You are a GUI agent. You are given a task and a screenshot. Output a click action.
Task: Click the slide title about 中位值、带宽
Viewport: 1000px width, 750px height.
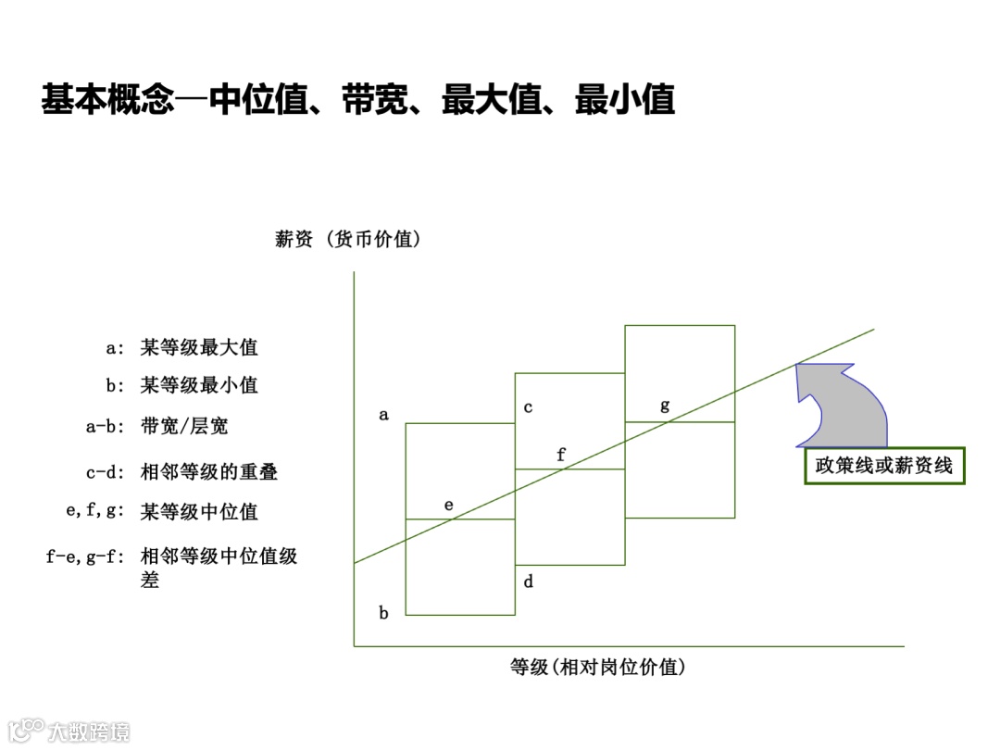coord(357,100)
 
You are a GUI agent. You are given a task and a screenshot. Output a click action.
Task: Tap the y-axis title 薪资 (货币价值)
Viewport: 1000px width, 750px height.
coord(348,239)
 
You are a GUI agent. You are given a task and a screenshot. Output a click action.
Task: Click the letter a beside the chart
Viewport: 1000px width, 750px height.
coord(383,415)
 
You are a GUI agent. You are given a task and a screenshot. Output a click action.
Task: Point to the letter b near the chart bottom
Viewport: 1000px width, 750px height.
coord(383,612)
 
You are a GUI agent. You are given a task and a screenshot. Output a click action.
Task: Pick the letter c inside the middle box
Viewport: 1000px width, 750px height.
coord(528,407)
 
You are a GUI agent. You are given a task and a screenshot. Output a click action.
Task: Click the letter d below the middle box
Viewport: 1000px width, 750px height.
coord(528,581)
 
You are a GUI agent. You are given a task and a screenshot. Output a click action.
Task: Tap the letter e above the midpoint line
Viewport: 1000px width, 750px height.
coord(449,506)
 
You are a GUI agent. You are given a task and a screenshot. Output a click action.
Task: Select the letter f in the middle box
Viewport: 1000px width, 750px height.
coord(560,454)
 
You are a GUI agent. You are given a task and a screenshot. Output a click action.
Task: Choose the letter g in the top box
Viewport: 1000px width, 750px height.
coord(665,405)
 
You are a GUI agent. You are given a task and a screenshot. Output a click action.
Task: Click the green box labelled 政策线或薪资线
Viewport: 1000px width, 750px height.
coord(883,465)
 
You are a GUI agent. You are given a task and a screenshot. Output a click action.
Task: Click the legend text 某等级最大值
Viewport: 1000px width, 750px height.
coord(199,348)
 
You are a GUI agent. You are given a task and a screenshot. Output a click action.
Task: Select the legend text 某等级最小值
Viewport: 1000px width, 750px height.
coord(199,384)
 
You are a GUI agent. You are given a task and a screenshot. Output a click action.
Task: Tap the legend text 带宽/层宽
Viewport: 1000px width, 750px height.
coord(184,426)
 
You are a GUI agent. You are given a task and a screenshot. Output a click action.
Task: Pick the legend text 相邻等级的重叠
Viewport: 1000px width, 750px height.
coord(209,472)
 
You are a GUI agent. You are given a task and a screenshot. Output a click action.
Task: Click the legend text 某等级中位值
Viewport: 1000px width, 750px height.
coord(199,512)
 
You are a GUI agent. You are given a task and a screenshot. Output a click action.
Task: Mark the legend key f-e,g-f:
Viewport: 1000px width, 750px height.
coord(85,556)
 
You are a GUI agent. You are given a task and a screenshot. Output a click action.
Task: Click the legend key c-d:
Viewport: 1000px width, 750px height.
coord(105,472)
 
